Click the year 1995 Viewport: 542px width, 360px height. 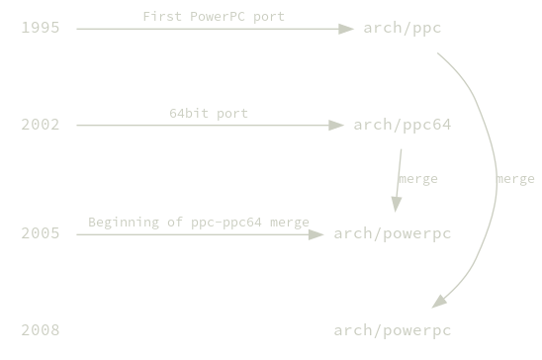[41, 28]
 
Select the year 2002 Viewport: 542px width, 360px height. [41, 125]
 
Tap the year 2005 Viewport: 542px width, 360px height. [41, 233]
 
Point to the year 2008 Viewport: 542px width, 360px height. [41, 329]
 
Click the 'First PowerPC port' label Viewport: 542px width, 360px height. [214, 17]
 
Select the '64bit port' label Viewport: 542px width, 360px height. [209, 113]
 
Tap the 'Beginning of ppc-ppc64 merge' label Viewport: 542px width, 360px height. [199, 222]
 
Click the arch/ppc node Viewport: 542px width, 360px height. [403, 28]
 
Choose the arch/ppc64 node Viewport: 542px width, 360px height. [403, 125]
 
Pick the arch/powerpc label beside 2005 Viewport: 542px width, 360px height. [393, 233]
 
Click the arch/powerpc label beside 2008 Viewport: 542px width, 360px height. [393, 329]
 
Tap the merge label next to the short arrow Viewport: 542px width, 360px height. [417, 179]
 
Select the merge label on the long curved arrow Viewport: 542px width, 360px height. [515, 179]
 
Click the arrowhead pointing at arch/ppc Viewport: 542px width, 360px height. [347, 29]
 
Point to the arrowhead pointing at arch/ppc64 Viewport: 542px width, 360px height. [337, 126]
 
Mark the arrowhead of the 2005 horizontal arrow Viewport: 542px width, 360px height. [317, 234]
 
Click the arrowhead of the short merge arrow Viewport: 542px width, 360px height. [397, 204]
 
